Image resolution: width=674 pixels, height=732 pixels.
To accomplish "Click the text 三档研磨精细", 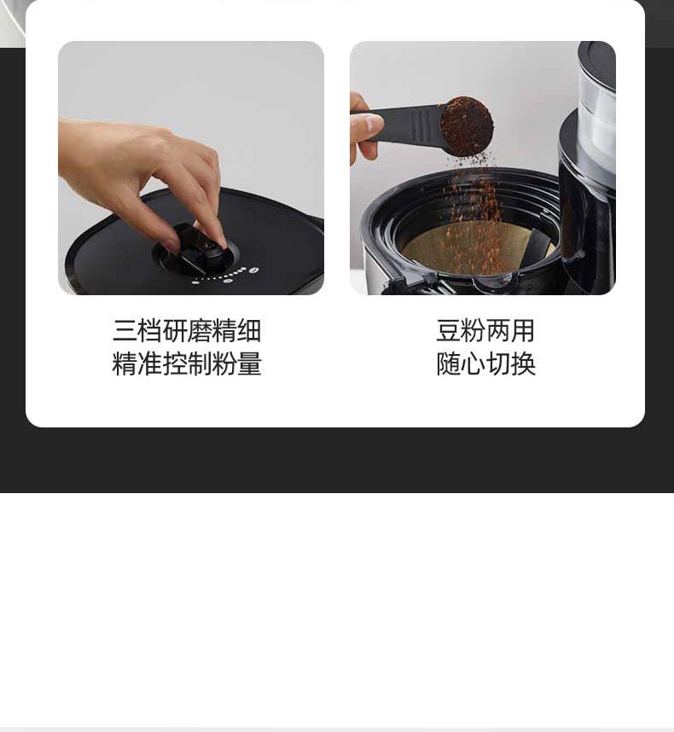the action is point(187,330).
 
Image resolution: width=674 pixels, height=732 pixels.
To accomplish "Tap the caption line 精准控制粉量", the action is point(187,363).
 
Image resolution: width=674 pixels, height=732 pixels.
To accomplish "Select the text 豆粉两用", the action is point(485,330).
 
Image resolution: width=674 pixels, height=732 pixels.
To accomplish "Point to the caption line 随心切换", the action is point(485,363).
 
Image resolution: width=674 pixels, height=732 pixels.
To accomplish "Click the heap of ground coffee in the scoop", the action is point(467,126).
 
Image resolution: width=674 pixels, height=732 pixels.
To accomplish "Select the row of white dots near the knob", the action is point(219,276).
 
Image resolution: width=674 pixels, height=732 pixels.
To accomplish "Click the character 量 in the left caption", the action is point(249,363).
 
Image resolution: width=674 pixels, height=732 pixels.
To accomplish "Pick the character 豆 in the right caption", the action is point(448,330).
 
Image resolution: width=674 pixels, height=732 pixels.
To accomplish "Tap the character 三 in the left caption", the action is point(125,330).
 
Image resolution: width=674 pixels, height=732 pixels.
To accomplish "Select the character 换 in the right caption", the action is point(523,363).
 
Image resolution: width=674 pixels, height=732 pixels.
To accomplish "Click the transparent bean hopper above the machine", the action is point(597,117).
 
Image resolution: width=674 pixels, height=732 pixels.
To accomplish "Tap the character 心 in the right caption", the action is point(474,363).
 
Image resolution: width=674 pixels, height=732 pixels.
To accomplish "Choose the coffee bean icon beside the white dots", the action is point(253,270).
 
